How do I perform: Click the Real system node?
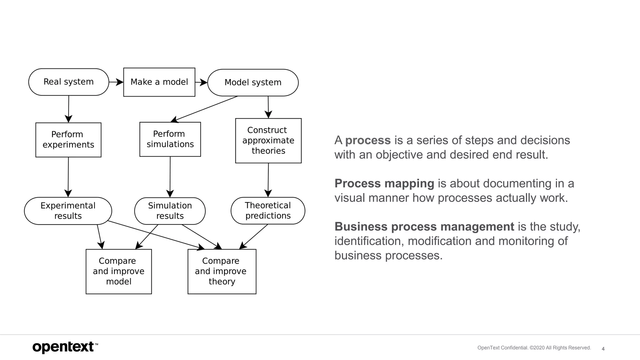tap(68, 82)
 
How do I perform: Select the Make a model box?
tap(159, 82)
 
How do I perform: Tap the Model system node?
tap(253, 82)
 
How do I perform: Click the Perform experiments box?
tap(68, 140)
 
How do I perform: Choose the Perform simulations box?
tap(170, 139)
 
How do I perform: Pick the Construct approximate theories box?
tap(268, 141)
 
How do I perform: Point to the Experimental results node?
tap(68, 211)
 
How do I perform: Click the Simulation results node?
tap(170, 211)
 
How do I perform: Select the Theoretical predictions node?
tap(268, 211)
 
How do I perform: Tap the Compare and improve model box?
tap(118, 271)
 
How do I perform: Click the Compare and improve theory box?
tap(222, 271)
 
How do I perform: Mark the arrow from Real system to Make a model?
tap(116, 82)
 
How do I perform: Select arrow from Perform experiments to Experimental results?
tap(68, 177)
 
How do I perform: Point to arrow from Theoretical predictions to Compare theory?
tap(254, 237)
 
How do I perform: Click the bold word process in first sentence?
tap(368, 140)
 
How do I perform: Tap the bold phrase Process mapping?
tap(384, 183)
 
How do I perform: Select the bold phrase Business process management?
tap(424, 227)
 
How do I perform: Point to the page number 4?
tap(603, 349)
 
